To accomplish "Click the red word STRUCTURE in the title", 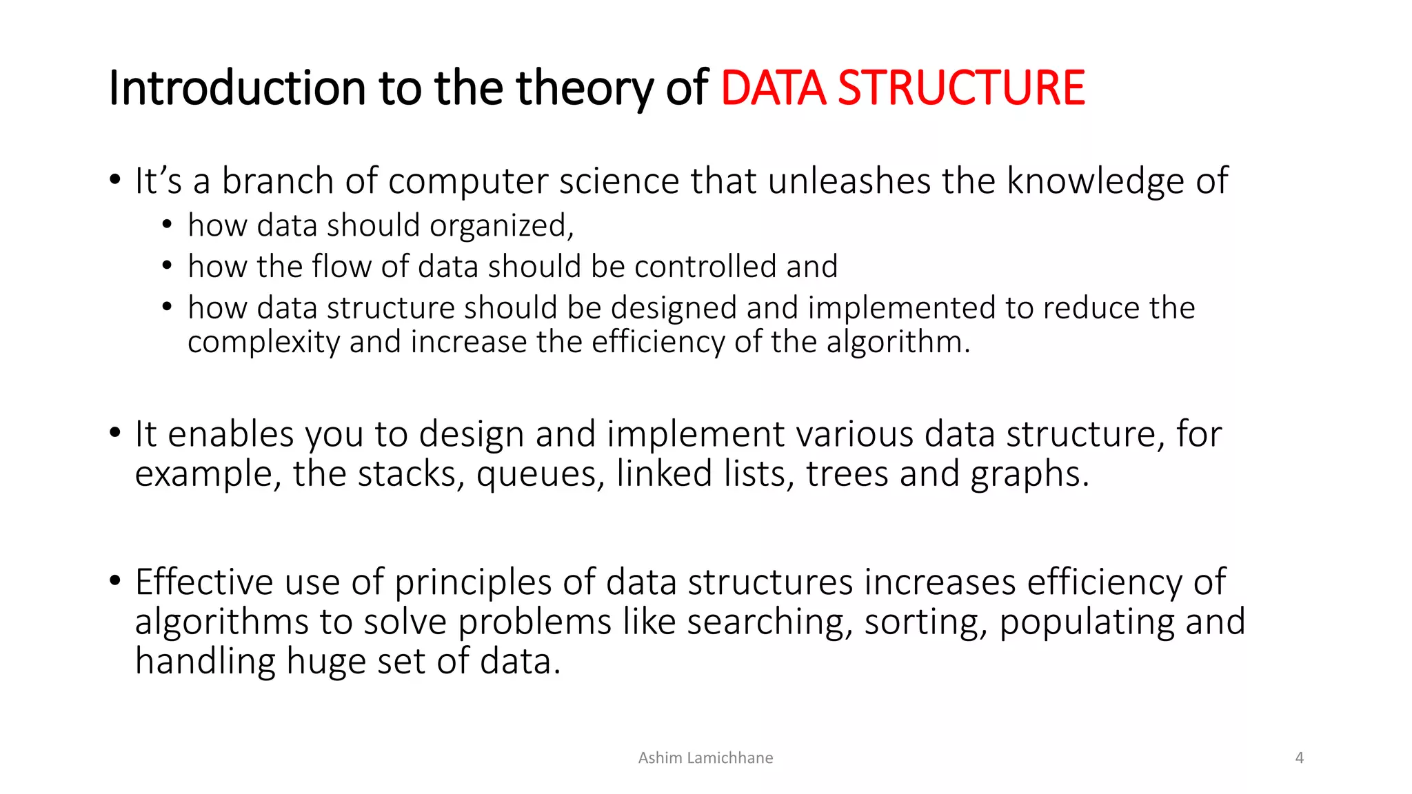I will click(960, 88).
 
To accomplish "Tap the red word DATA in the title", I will click(773, 88).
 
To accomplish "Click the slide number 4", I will click(1299, 757).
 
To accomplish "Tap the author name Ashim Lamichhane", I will click(705, 757).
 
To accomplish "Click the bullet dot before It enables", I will click(115, 433).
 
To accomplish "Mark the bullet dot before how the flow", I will click(167, 265).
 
